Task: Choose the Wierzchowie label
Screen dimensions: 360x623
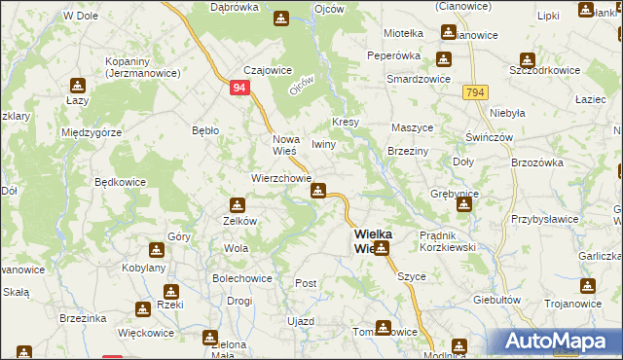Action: click(280, 179)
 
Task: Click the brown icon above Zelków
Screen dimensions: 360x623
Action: click(237, 205)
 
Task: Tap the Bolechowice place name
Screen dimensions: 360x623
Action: click(240, 278)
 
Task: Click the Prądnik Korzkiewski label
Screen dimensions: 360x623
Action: click(446, 241)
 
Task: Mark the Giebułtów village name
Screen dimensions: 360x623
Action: click(496, 300)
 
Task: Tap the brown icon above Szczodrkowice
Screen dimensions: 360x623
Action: click(527, 59)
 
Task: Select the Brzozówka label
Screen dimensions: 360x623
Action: click(537, 162)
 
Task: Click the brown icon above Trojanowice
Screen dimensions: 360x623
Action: click(587, 287)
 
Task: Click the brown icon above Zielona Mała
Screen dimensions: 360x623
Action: click(209, 338)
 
